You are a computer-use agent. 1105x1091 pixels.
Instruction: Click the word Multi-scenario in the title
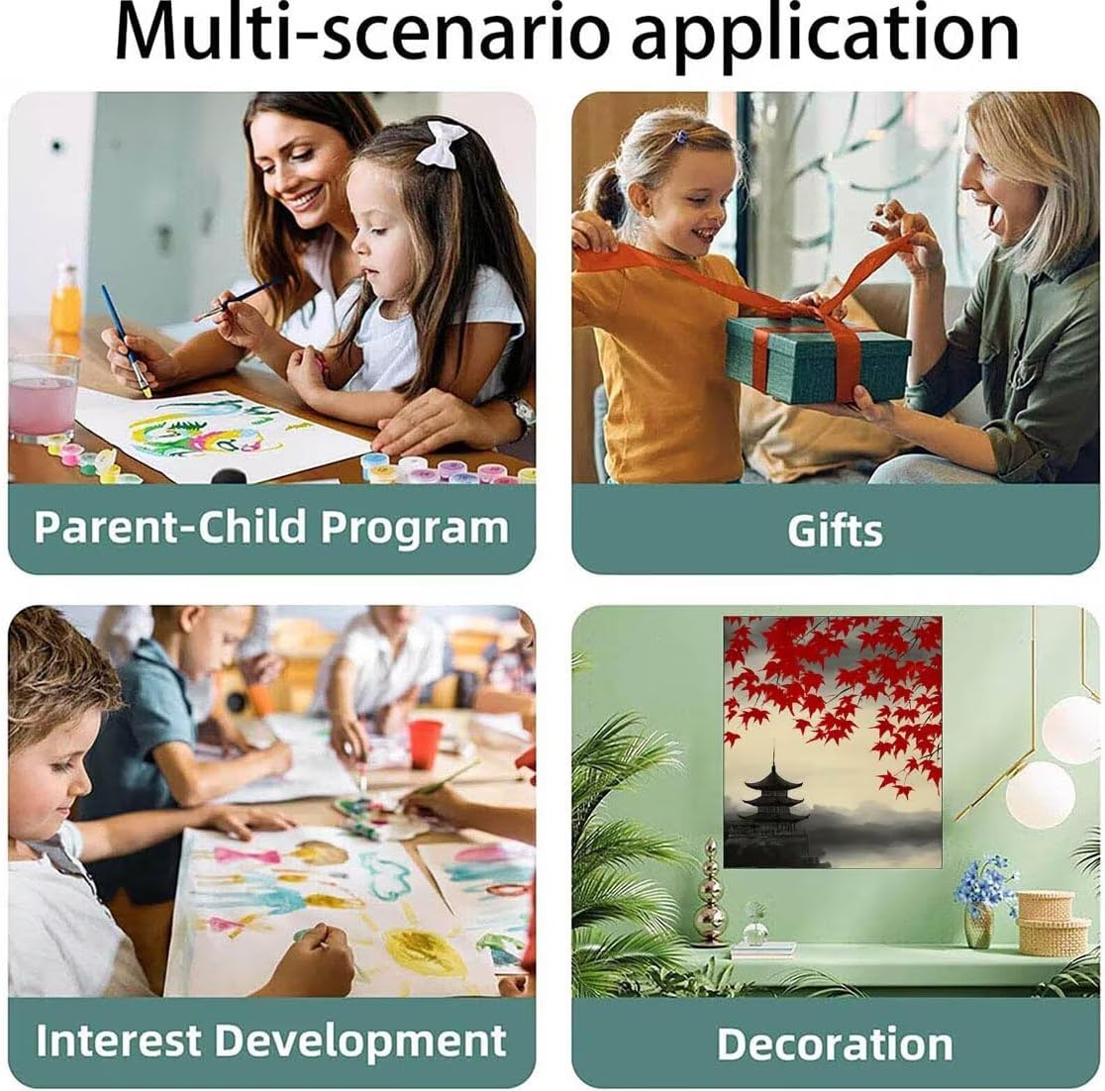pos(361,34)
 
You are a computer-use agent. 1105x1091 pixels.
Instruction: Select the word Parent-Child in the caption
pos(171,527)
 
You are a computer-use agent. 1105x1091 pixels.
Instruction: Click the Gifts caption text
pos(835,530)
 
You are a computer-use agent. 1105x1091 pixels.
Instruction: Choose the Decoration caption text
pos(835,1043)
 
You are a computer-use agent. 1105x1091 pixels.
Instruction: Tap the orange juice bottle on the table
pos(65,300)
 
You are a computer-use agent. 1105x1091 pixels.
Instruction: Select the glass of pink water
pos(44,397)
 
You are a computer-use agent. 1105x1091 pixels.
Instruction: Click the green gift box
pos(818,358)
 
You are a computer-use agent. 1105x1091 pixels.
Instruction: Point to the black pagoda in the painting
pos(772,804)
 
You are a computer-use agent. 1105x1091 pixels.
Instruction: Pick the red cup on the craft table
pos(425,744)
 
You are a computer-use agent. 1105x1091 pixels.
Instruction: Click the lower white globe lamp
pos(1041,794)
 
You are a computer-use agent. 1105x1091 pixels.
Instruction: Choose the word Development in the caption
pos(360,1041)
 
